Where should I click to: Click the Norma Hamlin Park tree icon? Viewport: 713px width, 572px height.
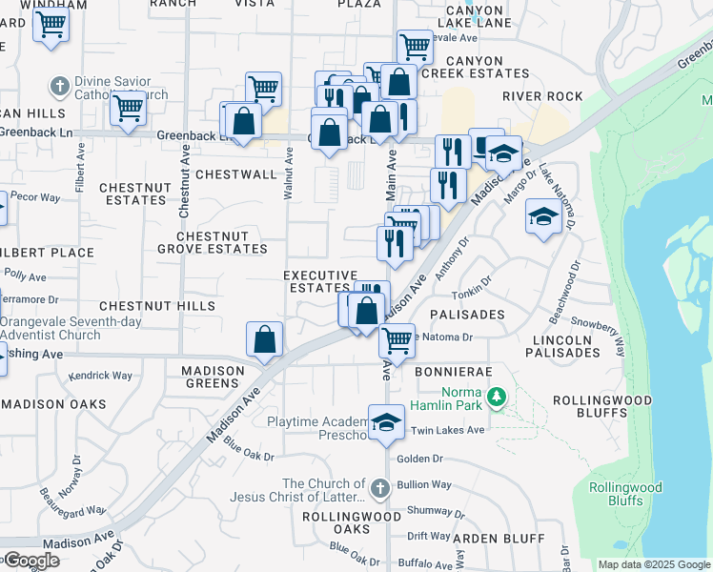point(495,395)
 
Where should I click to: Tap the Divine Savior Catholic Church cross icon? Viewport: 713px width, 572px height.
point(59,84)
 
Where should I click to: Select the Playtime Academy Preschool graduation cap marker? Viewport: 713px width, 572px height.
point(386,423)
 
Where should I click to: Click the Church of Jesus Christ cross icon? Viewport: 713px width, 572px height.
point(379,490)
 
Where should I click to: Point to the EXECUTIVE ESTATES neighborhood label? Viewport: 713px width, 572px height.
point(320,281)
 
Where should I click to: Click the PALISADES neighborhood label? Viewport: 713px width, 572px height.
point(467,314)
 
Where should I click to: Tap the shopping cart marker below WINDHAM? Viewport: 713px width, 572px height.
point(51,24)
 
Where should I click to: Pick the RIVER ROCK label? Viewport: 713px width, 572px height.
point(542,96)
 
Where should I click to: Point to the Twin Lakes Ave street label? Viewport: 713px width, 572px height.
point(448,431)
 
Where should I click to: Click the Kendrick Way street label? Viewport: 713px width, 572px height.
point(101,376)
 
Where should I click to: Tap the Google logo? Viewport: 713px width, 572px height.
point(31,561)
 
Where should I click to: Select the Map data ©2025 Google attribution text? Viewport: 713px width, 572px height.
point(653,564)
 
